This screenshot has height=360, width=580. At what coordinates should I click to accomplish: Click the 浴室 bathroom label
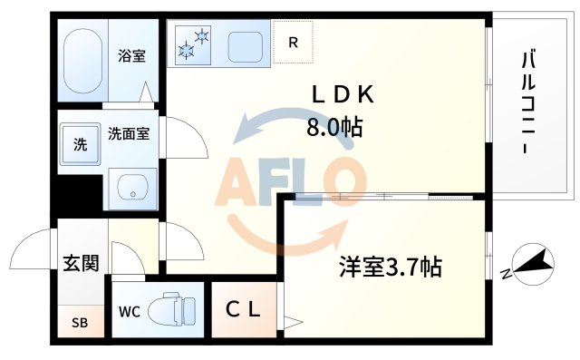coord(131,56)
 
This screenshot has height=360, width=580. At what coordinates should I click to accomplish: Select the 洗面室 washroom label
coord(129,133)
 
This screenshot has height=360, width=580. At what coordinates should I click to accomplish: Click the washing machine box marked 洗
coord(80,143)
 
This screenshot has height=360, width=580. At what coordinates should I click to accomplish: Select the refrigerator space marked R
coord(294,42)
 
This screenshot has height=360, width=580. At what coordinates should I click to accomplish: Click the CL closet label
coord(243,309)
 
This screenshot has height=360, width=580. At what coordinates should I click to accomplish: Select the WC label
coord(129,314)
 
